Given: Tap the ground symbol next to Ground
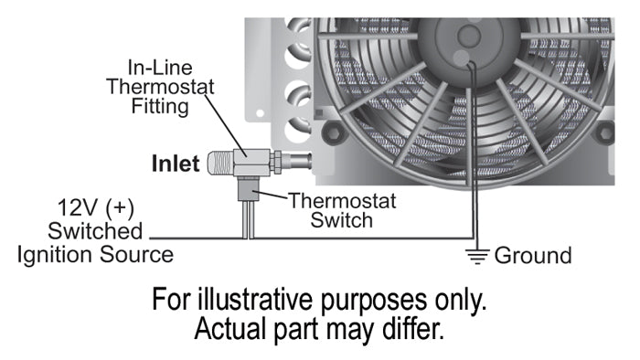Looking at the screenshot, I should tap(477, 256).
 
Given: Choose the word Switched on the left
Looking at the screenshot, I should tap(96, 229).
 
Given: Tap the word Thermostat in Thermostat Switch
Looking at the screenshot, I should tap(331, 200).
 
